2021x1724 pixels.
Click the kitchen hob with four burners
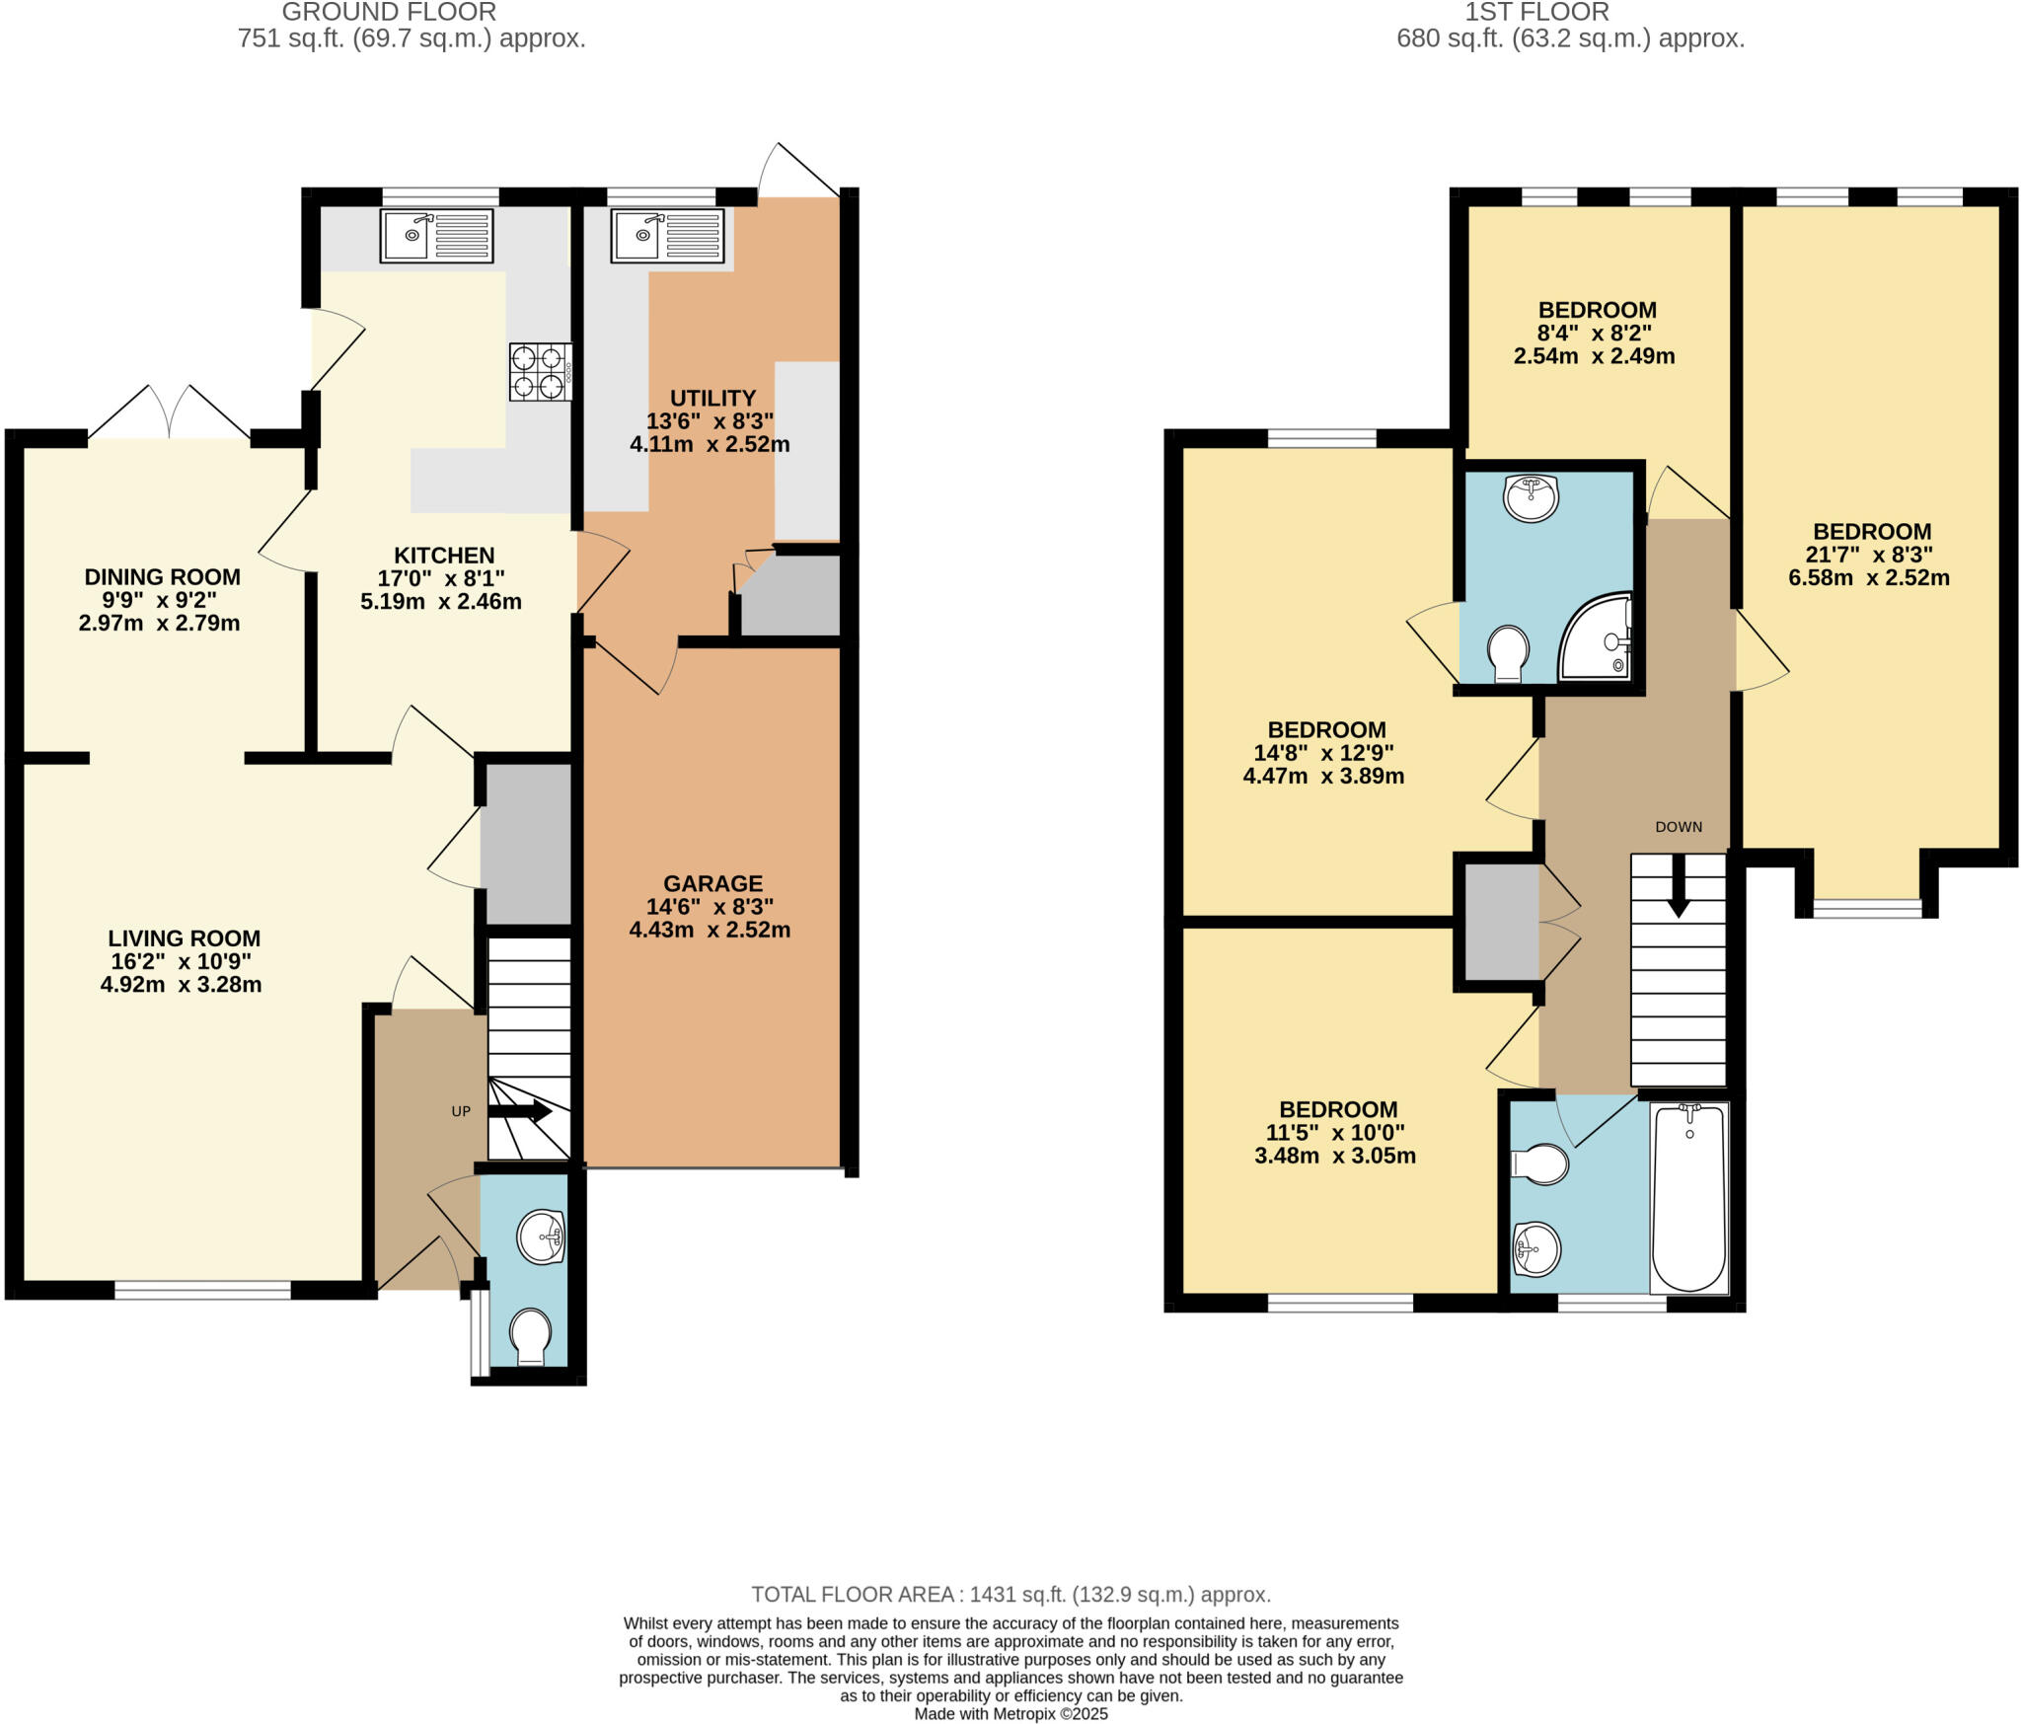541,372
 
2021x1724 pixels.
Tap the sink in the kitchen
436,235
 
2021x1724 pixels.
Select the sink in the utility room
667,235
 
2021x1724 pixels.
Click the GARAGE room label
712,884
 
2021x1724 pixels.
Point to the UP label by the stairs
461,1111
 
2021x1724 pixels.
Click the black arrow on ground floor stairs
520,1111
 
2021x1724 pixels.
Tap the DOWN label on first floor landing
1679,827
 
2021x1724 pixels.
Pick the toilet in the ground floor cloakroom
531,1336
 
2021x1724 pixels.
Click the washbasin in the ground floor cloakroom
542,1237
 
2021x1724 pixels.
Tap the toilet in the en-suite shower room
1508,653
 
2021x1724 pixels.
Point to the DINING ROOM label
162,577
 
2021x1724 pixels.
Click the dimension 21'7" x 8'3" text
1869,555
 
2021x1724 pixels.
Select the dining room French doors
170,412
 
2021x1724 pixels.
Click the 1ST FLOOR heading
1570,13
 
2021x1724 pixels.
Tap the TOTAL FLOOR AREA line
1010,1595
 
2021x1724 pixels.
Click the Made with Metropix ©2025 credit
1010,1714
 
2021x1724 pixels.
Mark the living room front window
202,1289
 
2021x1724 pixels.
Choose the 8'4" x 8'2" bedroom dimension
1595,334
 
